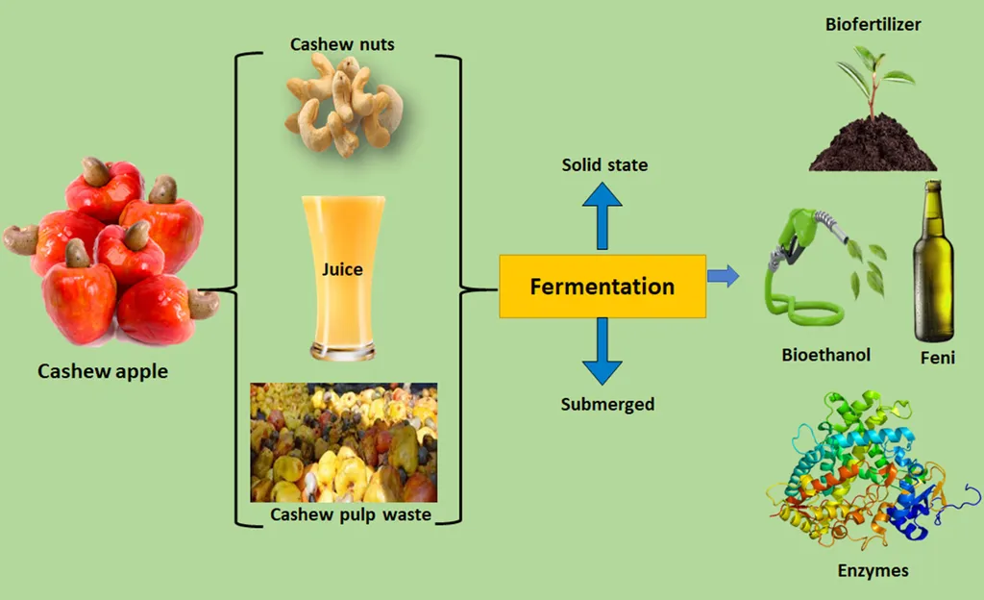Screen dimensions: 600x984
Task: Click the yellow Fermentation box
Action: [x=603, y=287]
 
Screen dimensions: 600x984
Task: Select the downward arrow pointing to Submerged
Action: [x=602, y=352]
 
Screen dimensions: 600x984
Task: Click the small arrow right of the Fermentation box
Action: [x=723, y=277]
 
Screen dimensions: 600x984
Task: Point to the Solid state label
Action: [x=604, y=165]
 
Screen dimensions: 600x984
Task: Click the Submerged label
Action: [x=607, y=404]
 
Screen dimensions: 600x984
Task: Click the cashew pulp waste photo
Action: [x=343, y=442]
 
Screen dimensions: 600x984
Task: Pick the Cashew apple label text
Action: [x=103, y=371]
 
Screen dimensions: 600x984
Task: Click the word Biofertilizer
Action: [x=873, y=24]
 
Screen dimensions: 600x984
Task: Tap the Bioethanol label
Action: [x=825, y=355]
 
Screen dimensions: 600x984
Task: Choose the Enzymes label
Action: [x=873, y=571]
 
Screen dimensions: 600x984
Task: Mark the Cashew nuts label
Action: [x=342, y=44]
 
